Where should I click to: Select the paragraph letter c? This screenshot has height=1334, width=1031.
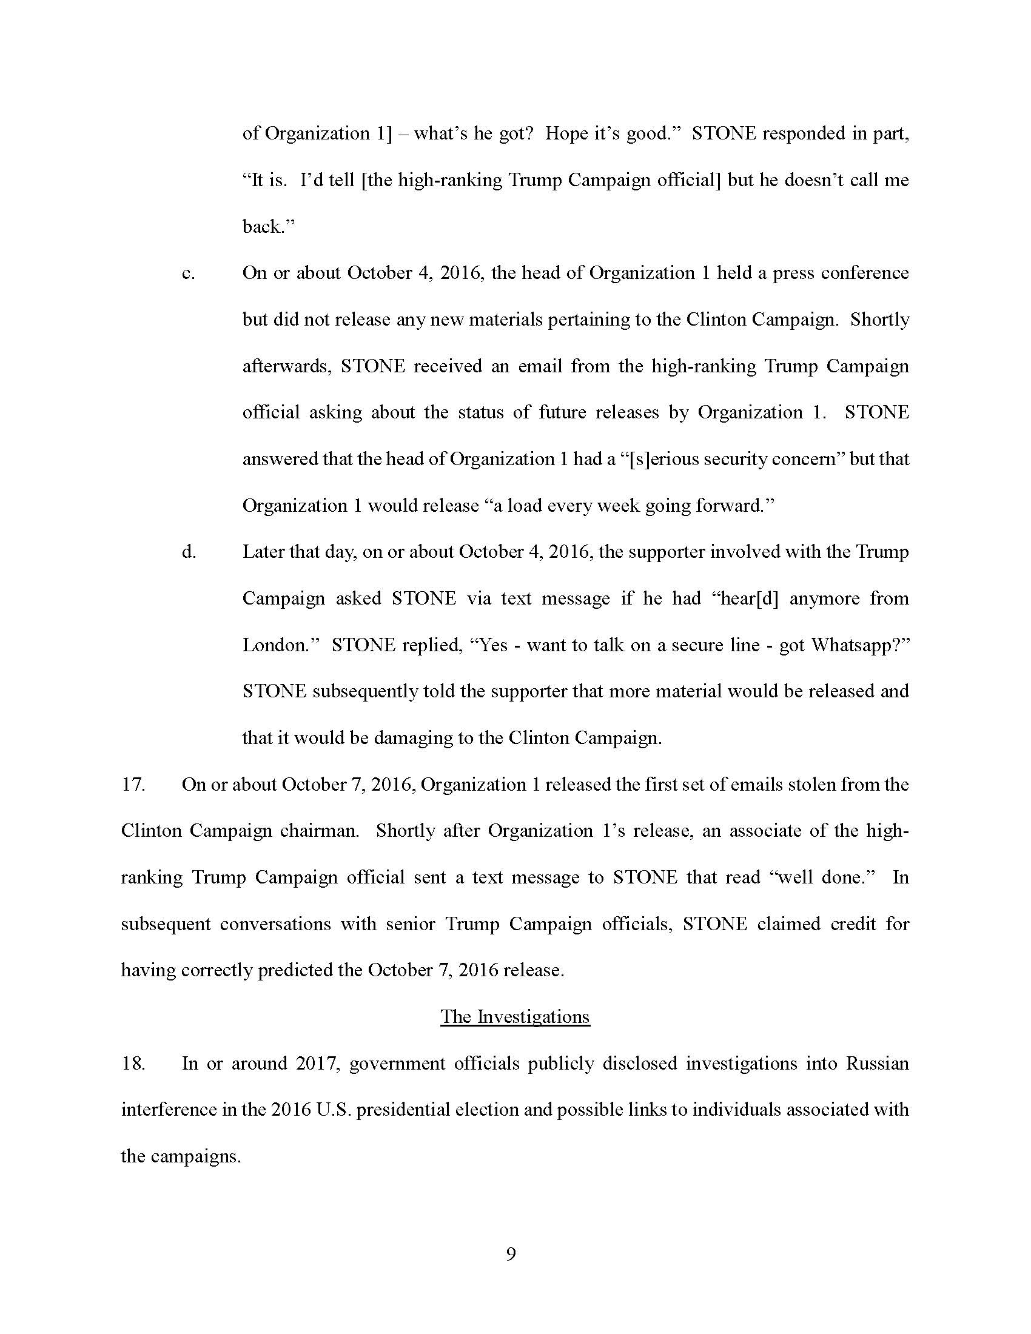(188, 273)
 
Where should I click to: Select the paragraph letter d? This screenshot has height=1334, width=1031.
(189, 552)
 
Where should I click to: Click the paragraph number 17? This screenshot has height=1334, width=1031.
(133, 785)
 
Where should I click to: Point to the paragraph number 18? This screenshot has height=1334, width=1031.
(133, 1064)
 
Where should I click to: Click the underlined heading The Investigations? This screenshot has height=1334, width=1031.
(515, 1017)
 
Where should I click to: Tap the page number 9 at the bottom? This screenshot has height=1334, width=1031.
(511, 1254)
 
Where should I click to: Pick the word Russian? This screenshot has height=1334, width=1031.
(877, 1064)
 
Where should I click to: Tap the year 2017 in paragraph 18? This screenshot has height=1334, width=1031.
(317, 1064)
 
